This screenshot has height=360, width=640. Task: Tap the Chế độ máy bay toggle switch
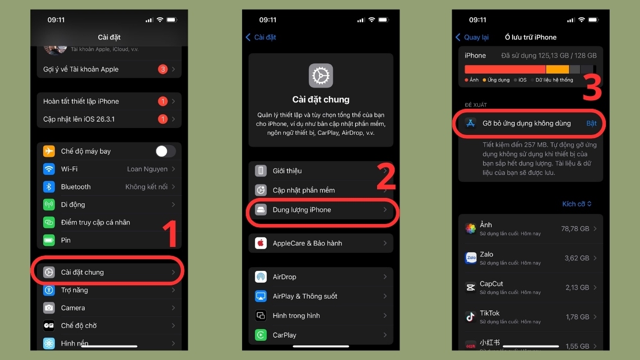tap(165, 151)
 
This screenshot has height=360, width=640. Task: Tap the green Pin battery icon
tap(49, 241)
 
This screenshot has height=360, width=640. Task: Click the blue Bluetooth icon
tap(49, 187)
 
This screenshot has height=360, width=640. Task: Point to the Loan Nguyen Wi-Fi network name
tap(147, 169)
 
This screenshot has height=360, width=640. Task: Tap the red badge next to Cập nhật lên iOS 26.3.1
tap(163, 119)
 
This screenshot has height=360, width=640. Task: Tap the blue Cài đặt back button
tap(261, 37)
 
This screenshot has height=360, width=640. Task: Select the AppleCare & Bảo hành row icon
tap(261, 243)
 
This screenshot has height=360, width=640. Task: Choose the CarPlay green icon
tap(261, 335)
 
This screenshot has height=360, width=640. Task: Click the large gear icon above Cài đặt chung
tap(321, 76)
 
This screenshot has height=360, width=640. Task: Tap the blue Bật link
tap(591, 123)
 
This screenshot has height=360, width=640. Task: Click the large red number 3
tap(592, 87)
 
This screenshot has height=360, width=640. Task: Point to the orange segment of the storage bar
tap(557, 69)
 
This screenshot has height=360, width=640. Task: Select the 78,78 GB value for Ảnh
tap(575, 229)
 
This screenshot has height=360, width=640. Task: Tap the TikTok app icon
tap(470, 317)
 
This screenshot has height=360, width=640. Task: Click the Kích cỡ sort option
tap(577, 204)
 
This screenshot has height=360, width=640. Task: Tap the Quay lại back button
tap(472, 37)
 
